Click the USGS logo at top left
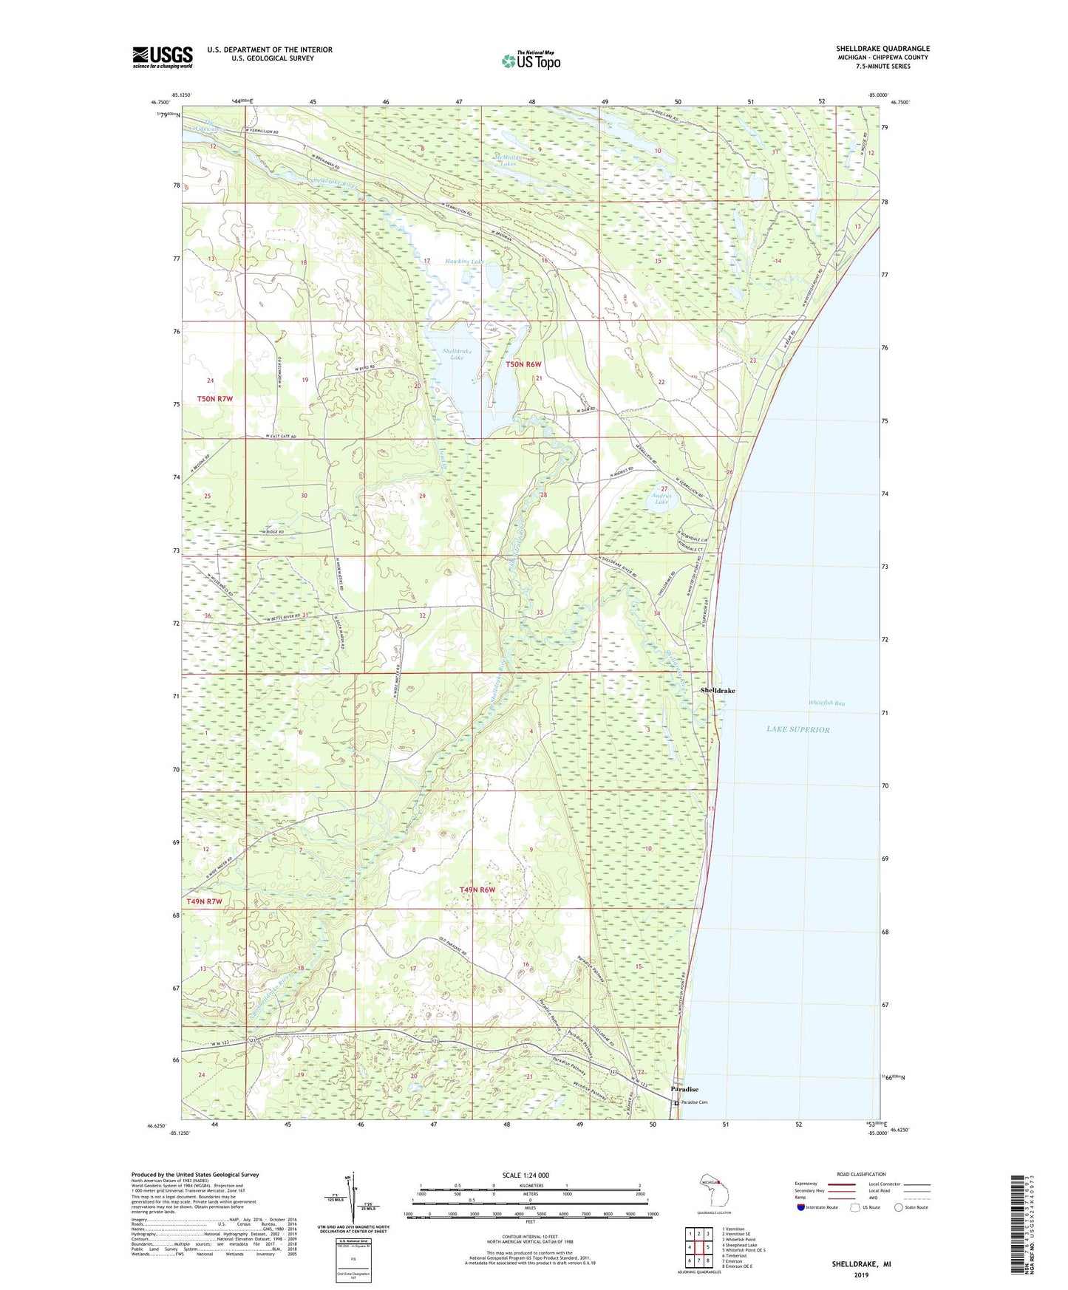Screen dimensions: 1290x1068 point(163,57)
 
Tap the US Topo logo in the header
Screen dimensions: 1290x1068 point(530,61)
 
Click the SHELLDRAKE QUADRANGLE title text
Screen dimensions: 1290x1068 point(882,49)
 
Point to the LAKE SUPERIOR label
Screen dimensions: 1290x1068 point(797,729)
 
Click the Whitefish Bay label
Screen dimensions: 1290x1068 point(826,703)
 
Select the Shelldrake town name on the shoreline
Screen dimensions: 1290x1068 point(717,690)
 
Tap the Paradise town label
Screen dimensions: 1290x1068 point(684,1089)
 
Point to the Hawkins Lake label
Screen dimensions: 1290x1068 point(465,262)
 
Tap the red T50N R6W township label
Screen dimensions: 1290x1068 point(524,364)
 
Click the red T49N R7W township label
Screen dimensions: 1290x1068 point(204,901)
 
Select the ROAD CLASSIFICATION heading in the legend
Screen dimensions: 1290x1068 point(861,1174)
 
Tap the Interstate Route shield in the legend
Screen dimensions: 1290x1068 point(802,1208)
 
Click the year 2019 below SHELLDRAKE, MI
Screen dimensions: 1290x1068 point(861,1274)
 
